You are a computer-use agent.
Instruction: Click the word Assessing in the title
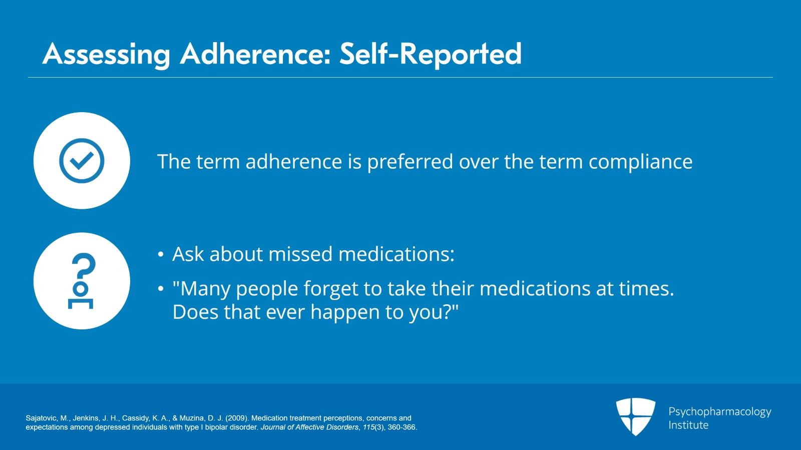pos(106,55)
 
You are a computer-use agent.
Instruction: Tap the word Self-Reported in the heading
pos(431,55)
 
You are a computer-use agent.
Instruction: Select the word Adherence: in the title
pos(255,55)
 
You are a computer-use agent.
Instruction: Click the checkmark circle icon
pos(82,161)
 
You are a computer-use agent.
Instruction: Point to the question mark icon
pos(82,281)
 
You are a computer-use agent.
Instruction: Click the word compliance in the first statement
pos(640,162)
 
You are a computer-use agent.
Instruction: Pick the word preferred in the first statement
pos(410,162)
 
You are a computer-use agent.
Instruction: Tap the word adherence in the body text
pos(293,161)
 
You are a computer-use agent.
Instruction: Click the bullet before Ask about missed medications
pos(161,254)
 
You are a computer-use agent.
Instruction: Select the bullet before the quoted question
pos(161,288)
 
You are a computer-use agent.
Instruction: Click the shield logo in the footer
pos(635,417)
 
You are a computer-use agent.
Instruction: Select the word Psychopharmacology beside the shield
pos(720,412)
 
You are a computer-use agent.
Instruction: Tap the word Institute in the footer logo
pos(688,425)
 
